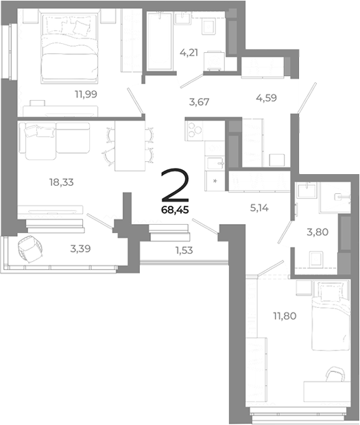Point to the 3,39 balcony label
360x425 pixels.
pos(84,249)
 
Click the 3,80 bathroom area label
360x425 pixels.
pos(318,232)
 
